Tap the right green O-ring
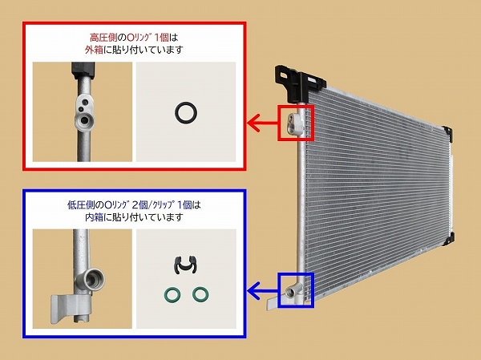coord(194,294)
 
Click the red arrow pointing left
coord(263,123)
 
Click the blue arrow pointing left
coord(263,290)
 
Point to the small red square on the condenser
coord(278,123)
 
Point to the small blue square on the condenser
coord(278,290)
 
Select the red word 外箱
coord(94,50)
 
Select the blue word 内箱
coord(94,217)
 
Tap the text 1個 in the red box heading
coord(161,38)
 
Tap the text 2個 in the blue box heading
coord(139,205)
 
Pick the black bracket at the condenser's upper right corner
coord(447,134)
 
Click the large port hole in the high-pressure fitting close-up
coord(83,119)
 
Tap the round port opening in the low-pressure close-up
coord(94,279)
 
